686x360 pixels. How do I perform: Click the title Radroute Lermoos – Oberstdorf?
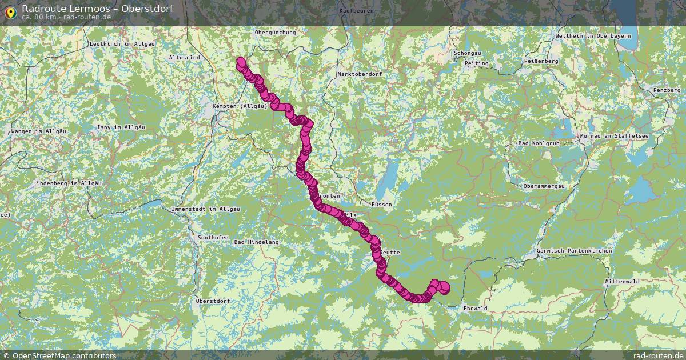coord(97,9)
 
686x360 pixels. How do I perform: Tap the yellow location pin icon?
coord(10,12)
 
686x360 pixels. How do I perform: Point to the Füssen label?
coord(381,204)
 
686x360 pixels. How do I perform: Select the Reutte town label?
coord(389,252)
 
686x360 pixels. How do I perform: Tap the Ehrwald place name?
coord(476,309)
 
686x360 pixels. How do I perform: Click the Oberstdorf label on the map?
coord(213,301)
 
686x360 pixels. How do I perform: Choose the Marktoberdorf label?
coord(360,74)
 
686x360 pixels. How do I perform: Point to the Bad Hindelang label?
coord(256,242)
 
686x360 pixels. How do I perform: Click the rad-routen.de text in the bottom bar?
coord(657,355)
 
